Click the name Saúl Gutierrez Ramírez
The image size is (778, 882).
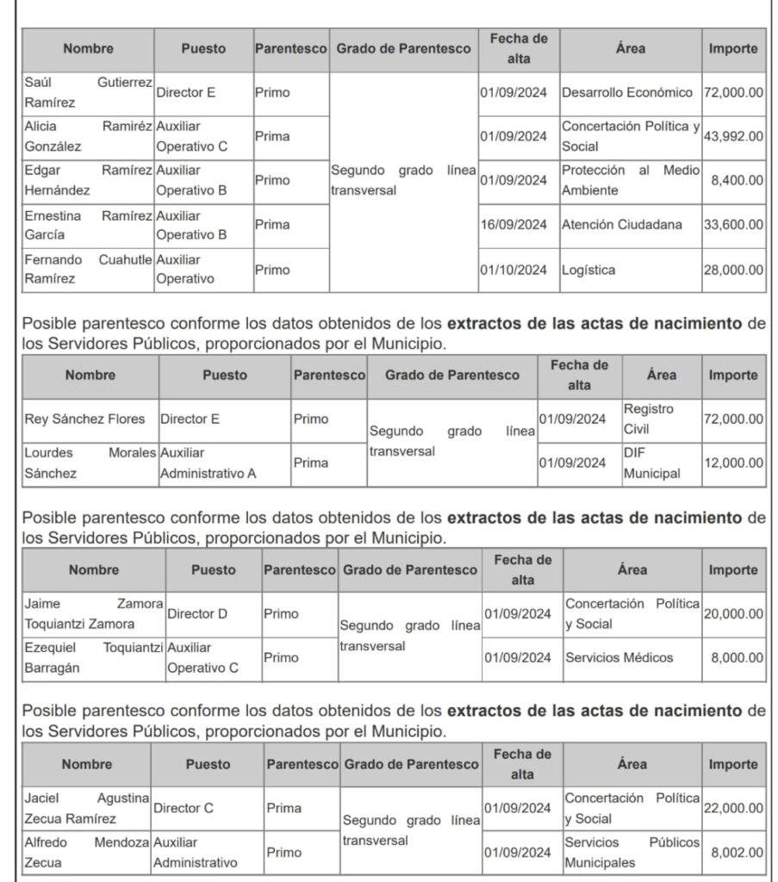pos(88,93)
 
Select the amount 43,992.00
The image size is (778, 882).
pos(733,136)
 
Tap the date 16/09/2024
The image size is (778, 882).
pos(513,226)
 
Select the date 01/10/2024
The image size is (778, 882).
pos(513,270)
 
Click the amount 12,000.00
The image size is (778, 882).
pos(733,463)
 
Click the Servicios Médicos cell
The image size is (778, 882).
pos(619,658)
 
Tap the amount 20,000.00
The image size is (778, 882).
pos(733,614)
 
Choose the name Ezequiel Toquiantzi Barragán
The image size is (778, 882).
pos(92,657)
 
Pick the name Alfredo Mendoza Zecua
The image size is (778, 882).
pos(87,852)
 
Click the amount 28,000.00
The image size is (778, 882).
pos(733,270)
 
